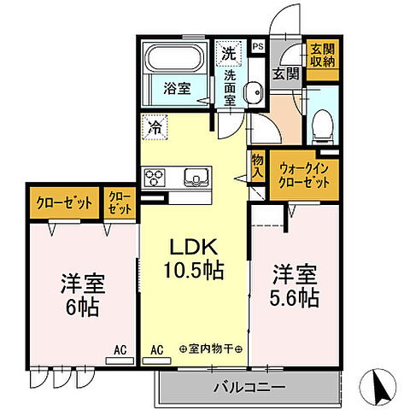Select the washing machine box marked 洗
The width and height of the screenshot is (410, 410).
(228, 53)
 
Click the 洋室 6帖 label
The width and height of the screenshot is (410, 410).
(82, 295)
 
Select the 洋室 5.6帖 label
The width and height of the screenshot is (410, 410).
(296, 288)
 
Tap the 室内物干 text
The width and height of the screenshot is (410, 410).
(211, 349)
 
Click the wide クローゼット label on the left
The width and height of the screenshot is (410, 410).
(64, 204)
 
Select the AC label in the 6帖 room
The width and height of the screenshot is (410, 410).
(121, 349)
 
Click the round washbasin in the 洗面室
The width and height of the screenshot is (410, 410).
(253, 93)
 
